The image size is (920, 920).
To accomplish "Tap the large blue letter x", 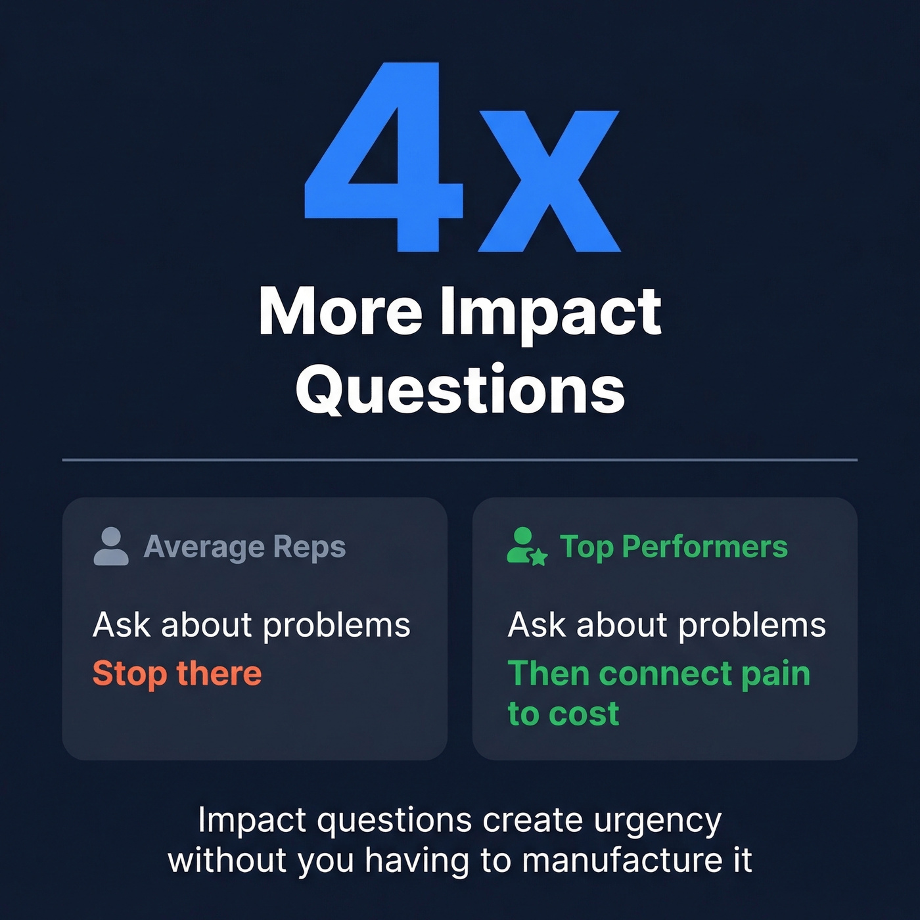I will point(549,181).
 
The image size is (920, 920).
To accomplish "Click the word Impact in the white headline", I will point(551,313).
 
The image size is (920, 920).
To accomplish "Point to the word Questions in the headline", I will point(460,390).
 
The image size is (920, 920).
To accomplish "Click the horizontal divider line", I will point(460,460).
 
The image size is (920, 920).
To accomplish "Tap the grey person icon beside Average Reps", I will point(111,546).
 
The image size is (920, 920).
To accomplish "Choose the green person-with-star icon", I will point(526,546).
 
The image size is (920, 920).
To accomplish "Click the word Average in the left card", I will point(204,547).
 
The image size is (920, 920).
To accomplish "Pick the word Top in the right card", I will point(587,547).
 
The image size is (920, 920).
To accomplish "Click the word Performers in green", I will point(704,547).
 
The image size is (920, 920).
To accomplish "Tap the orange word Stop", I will point(129,674).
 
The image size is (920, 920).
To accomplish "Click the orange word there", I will point(219,674).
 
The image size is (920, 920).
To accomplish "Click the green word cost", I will point(583,714).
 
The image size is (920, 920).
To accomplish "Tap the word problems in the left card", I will point(336,626).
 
